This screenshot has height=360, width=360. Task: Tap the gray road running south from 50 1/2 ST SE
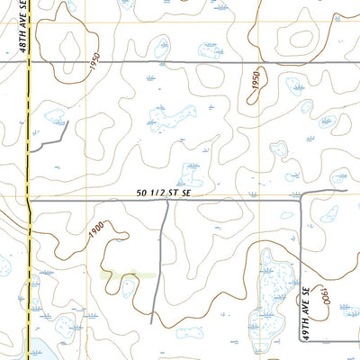[160, 261]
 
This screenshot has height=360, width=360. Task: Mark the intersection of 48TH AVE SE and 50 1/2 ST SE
[29, 199]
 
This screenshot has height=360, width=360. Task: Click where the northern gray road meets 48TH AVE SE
[29, 62]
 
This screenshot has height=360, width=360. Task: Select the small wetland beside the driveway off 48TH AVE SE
[55, 117]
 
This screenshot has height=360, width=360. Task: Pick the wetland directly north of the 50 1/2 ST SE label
[193, 170]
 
